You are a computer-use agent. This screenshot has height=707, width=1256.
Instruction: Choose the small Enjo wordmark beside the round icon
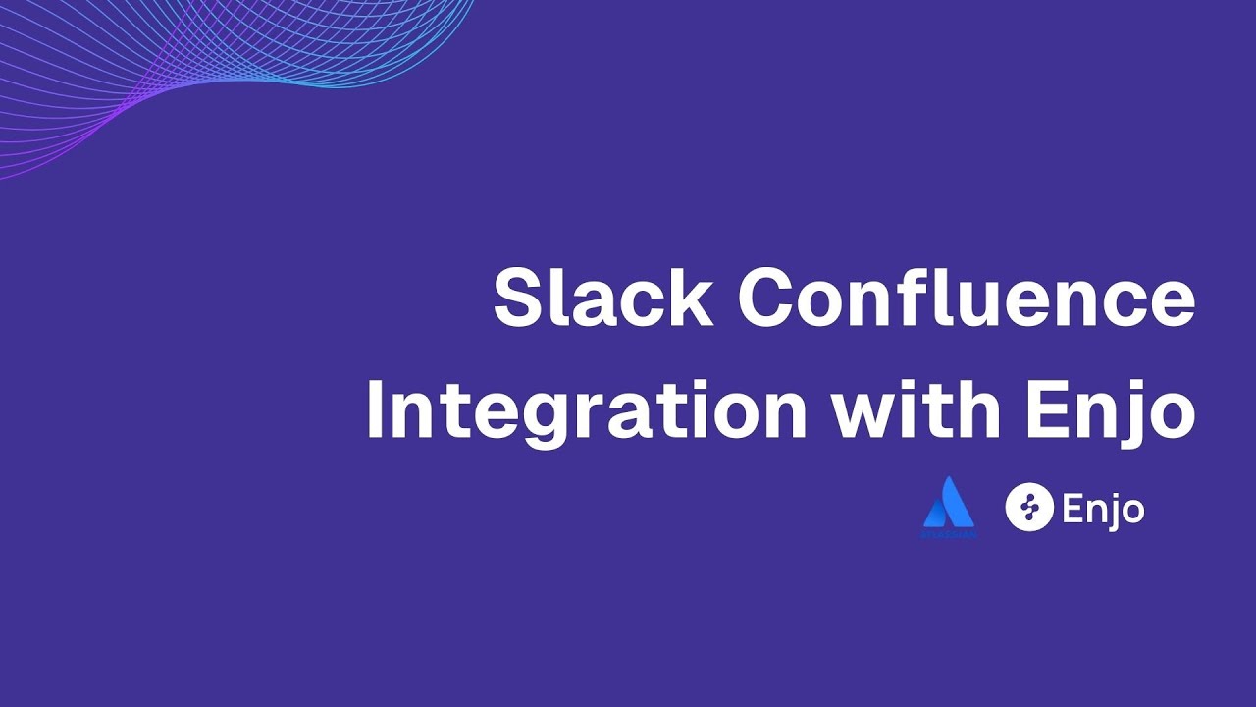[x=1102, y=510]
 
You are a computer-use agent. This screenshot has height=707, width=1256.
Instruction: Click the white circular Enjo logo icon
[x=1028, y=508]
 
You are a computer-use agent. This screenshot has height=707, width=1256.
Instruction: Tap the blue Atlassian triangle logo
[x=949, y=503]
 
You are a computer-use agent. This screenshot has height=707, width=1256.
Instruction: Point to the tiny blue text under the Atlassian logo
[x=949, y=534]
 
